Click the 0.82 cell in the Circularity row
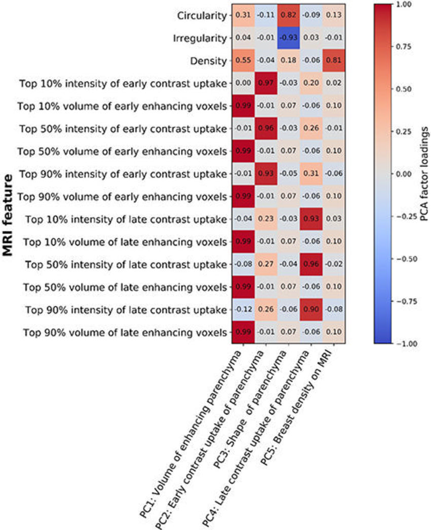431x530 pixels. [289, 15]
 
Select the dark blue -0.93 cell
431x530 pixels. [289, 38]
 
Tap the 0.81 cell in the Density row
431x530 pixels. [334, 61]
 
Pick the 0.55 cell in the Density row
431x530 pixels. [243, 61]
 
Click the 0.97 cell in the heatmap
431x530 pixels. [266, 84]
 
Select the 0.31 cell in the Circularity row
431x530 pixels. [243, 15]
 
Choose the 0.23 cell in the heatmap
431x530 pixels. [266, 219]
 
